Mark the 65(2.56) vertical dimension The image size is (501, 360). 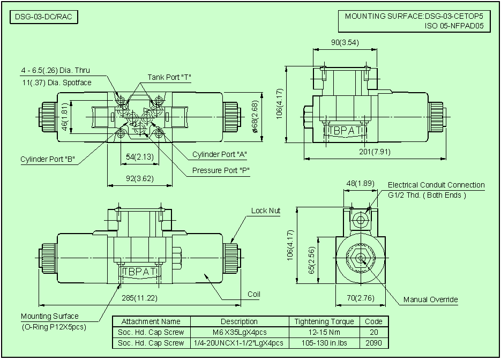point(312,261)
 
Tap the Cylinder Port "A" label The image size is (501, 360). point(220,155)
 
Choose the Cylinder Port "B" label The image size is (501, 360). point(47,159)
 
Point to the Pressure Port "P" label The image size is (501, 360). point(221,171)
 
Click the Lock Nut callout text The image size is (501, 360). point(266,211)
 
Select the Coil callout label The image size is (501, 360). point(254,294)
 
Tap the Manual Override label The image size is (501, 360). point(430,299)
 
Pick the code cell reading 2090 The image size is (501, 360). point(373,343)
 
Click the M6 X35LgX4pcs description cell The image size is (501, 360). point(239,332)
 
